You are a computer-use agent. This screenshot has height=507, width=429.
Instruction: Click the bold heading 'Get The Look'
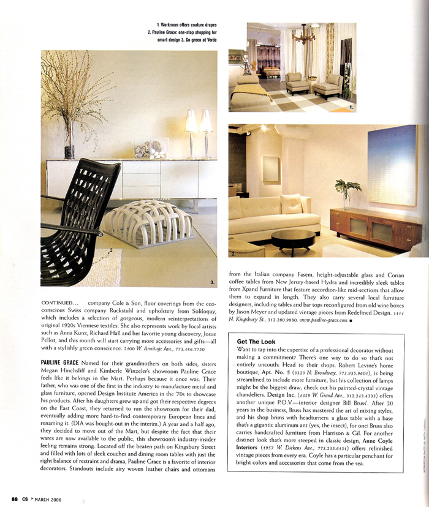tap(256, 342)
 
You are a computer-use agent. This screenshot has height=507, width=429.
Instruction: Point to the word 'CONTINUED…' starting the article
tap(59, 303)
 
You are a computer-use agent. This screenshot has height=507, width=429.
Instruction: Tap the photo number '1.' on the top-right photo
tap(351, 107)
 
